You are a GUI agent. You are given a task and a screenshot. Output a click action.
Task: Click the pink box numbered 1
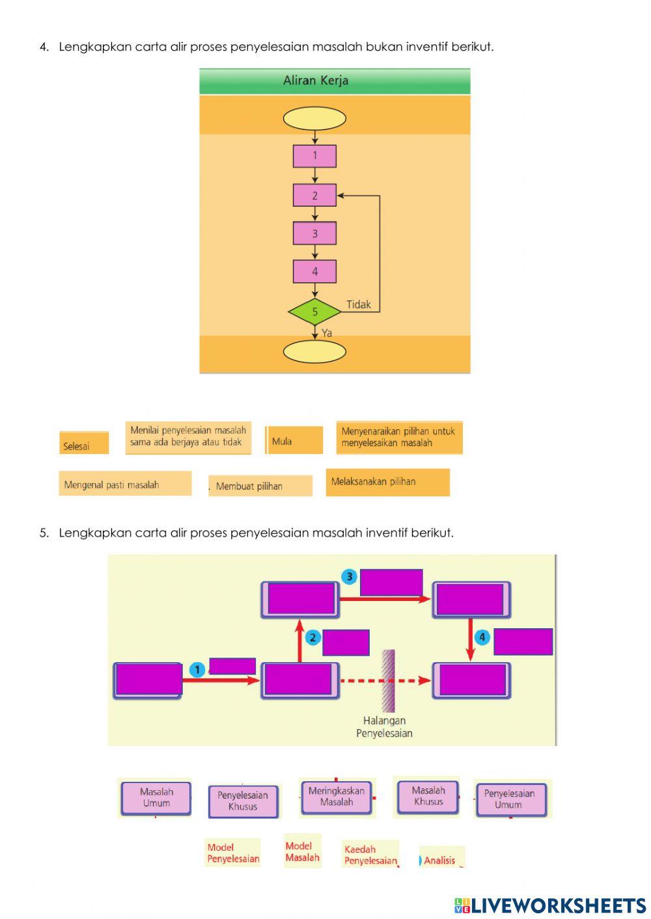(314, 156)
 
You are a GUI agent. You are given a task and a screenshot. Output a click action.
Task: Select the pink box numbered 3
(314, 233)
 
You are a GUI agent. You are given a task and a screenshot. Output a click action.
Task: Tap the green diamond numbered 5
(314, 312)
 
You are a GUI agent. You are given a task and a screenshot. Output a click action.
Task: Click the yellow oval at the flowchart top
(314, 118)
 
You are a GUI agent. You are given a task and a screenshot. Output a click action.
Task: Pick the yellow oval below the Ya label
(314, 352)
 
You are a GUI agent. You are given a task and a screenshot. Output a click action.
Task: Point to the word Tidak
(358, 304)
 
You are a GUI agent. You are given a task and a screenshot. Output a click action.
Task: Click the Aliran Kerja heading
(316, 81)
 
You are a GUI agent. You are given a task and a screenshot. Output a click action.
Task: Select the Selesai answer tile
(84, 443)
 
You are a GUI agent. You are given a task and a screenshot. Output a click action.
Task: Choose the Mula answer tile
(294, 440)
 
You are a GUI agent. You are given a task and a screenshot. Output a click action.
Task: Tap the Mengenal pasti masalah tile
(125, 484)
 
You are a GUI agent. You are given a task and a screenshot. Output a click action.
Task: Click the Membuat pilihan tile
(260, 486)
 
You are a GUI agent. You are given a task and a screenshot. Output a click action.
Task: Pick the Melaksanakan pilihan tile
(387, 482)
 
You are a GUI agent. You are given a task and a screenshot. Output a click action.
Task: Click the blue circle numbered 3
(350, 577)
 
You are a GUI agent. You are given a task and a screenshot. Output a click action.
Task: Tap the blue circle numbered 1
(197, 670)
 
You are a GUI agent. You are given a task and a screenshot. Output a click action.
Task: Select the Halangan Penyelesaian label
(384, 726)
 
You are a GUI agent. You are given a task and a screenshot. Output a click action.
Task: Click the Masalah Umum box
(156, 798)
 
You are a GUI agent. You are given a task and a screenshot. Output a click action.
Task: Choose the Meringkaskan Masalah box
(336, 797)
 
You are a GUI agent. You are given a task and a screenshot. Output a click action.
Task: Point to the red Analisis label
(441, 860)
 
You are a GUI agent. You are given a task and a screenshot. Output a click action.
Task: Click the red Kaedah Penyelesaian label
(370, 855)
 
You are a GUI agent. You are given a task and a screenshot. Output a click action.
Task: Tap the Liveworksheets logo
(549, 905)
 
